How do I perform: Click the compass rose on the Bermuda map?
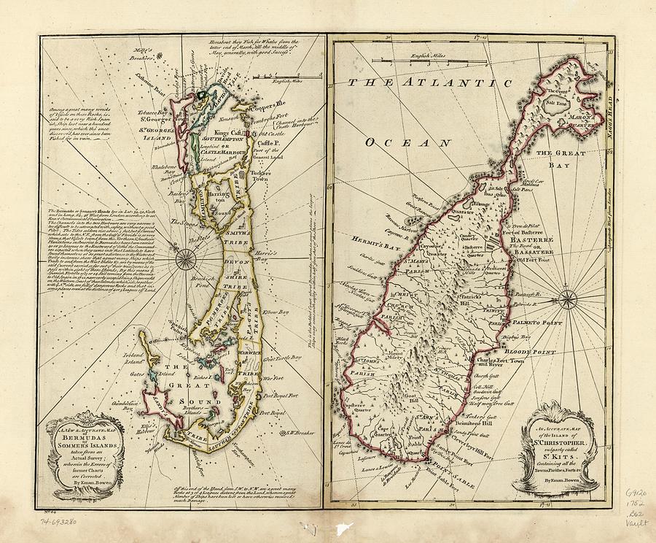187,257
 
